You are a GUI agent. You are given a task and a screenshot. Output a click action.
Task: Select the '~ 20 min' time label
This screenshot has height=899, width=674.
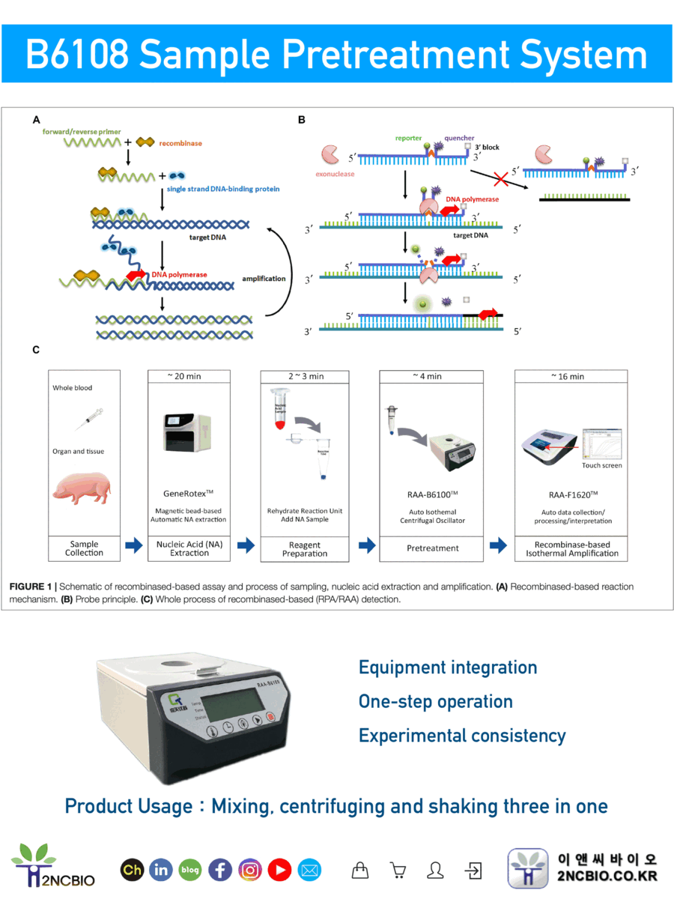click(189, 376)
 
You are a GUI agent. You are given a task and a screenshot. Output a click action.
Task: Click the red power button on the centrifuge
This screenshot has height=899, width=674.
click(271, 724)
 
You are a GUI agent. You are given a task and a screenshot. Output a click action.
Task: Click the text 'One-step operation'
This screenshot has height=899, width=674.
click(435, 702)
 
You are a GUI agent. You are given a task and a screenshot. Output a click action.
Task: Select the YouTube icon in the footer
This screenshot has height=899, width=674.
click(279, 870)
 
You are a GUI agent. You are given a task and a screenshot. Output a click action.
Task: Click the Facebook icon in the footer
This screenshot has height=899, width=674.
click(220, 870)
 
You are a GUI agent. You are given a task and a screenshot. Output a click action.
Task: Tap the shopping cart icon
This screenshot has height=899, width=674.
click(398, 870)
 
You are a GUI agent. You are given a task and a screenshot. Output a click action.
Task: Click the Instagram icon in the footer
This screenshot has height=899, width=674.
click(250, 870)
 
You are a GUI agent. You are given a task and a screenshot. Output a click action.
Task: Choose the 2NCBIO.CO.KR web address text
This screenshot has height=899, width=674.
click(607, 877)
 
